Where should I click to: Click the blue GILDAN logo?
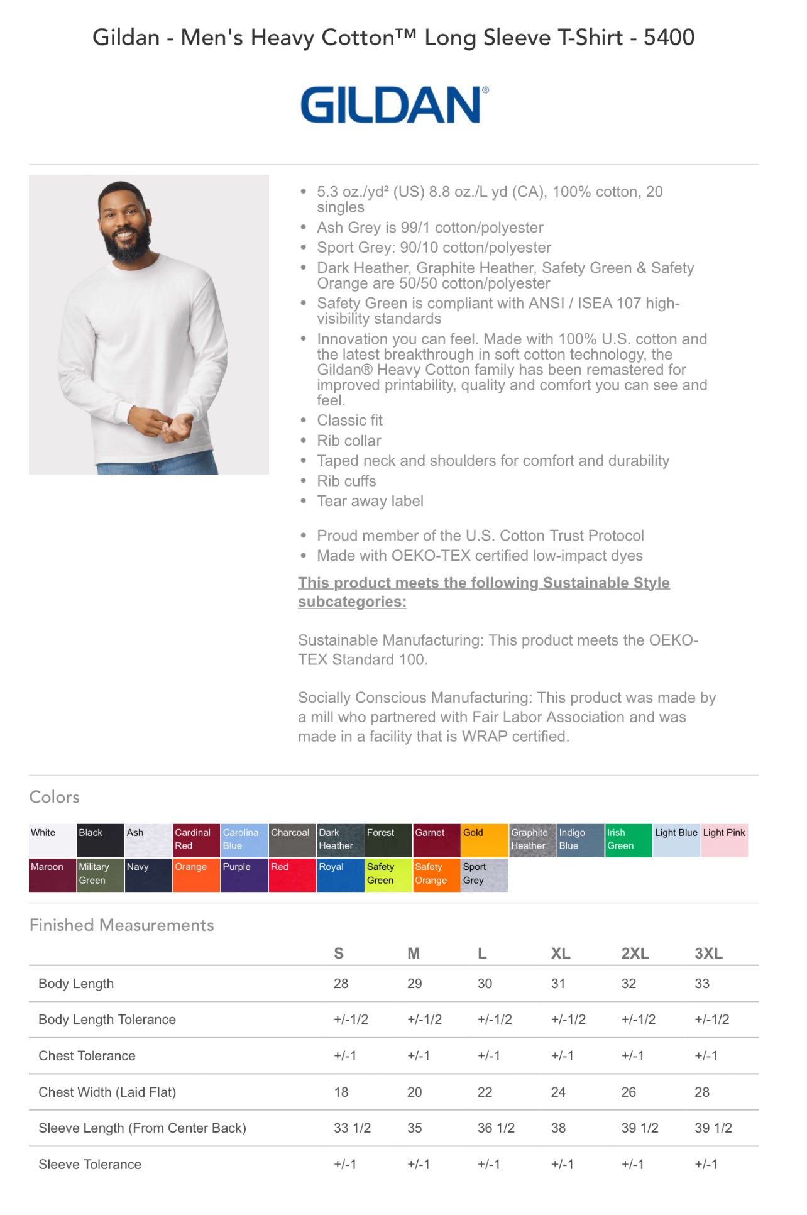[x=394, y=105]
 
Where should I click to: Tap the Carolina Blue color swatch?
[x=244, y=840]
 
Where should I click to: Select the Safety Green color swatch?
[x=388, y=874]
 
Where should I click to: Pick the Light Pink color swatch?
[x=725, y=840]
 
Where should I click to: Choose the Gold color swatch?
[x=485, y=840]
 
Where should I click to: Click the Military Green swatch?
[x=101, y=874]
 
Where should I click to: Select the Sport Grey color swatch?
[x=485, y=874]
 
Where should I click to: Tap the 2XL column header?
[x=635, y=953]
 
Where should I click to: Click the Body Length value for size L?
[x=485, y=983]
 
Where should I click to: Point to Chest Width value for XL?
[x=558, y=1092]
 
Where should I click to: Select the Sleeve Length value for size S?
[x=352, y=1128]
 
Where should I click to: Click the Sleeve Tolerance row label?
[x=90, y=1164]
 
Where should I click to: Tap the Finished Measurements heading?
[x=122, y=925]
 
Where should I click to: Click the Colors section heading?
[x=55, y=797]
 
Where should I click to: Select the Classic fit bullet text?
[x=349, y=421]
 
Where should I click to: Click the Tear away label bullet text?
[x=370, y=501]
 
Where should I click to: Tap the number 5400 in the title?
[x=669, y=38]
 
